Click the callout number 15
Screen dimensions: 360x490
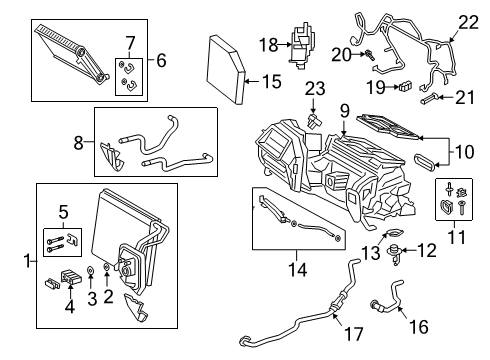(269, 79)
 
